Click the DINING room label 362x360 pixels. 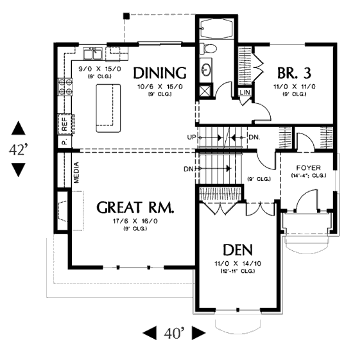(160, 73)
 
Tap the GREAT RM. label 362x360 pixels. (135, 207)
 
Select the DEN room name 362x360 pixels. (237, 250)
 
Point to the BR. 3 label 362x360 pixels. (294, 73)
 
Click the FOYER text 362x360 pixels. (309, 167)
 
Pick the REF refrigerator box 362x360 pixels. (65, 124)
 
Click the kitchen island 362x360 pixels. (108, 108)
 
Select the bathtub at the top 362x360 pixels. (217, 28)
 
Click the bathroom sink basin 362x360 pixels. (205, 70)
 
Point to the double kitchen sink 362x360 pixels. (93, 53)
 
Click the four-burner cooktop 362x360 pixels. (65, 87)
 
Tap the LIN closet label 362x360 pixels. (245, 92)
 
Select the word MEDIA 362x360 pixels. (76, 173)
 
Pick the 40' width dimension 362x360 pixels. (175, 333)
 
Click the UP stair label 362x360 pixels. (192, 137)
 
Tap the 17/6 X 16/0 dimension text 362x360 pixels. (135, 221)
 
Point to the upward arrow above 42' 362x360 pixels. (19, 128)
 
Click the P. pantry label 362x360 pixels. (64, 141)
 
